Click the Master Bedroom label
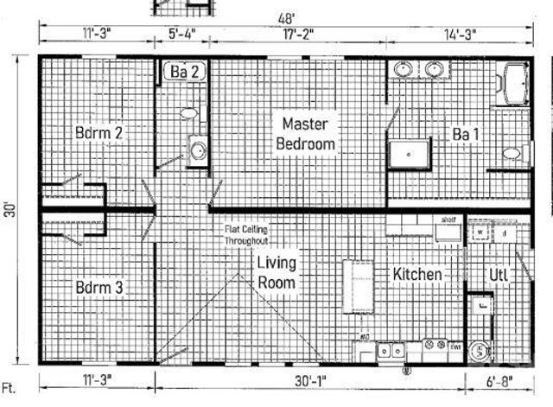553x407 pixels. click(x=305, y=134)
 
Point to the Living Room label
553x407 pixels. click(x=276, y=271)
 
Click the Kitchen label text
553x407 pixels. click(x=418, y=275)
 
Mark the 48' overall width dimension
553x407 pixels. click(x=286, y=16)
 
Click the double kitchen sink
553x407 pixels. click(x=391, y=351)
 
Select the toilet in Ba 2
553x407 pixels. click(x=188, y=113)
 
